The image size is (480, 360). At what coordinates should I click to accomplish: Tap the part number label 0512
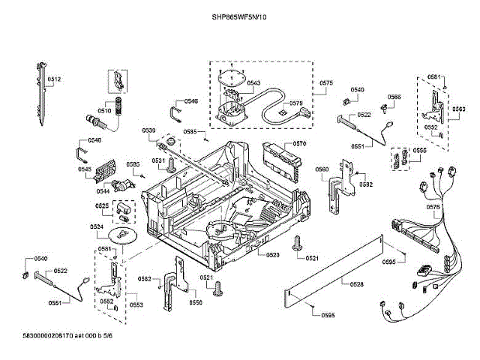55,79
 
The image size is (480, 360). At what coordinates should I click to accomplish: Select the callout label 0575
326,82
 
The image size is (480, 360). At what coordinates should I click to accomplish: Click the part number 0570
299,143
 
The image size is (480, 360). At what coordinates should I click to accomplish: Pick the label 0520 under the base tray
271,255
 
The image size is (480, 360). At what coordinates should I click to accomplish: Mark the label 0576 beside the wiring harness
433,207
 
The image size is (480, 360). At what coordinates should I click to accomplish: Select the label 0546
191,101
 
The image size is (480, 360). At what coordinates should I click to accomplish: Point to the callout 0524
97,226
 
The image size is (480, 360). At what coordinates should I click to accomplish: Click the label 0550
196,302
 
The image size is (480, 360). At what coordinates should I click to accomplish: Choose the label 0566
394,97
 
